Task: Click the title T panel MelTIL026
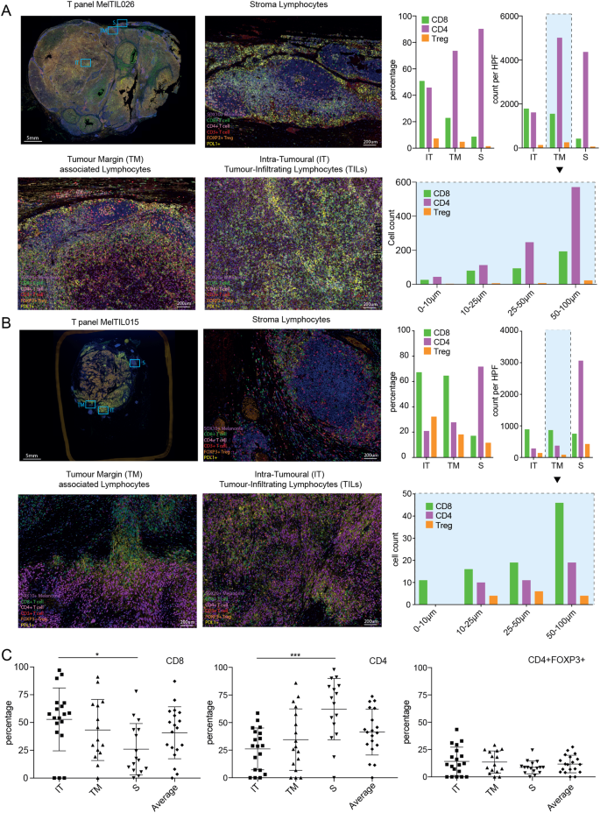point(106,7)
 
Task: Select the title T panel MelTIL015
point(106,321)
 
